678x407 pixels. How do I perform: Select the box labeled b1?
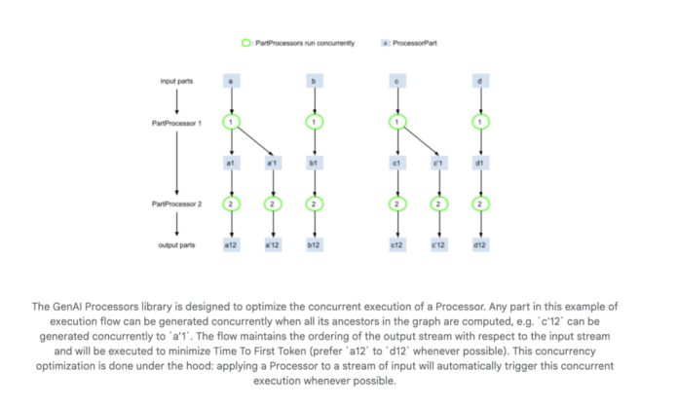click(313, 163)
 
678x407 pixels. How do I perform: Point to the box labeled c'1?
click(438, 163)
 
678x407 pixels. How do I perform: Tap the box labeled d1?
click(479, 163)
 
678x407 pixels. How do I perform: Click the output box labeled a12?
click(231, 245)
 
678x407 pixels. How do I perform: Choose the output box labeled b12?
click(313, 245)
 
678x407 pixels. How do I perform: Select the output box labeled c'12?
click(438, 245)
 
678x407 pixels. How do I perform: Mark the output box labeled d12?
click(479, 245)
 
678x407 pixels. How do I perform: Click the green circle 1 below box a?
click(231, 122)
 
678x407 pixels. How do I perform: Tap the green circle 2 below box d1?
click(479, 204)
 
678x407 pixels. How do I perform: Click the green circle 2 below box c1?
click(397, 204)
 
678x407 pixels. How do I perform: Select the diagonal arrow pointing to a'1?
click(253, 139)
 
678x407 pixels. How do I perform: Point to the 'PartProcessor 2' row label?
click(176, 204)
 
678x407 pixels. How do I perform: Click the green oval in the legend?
click(246, 44)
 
